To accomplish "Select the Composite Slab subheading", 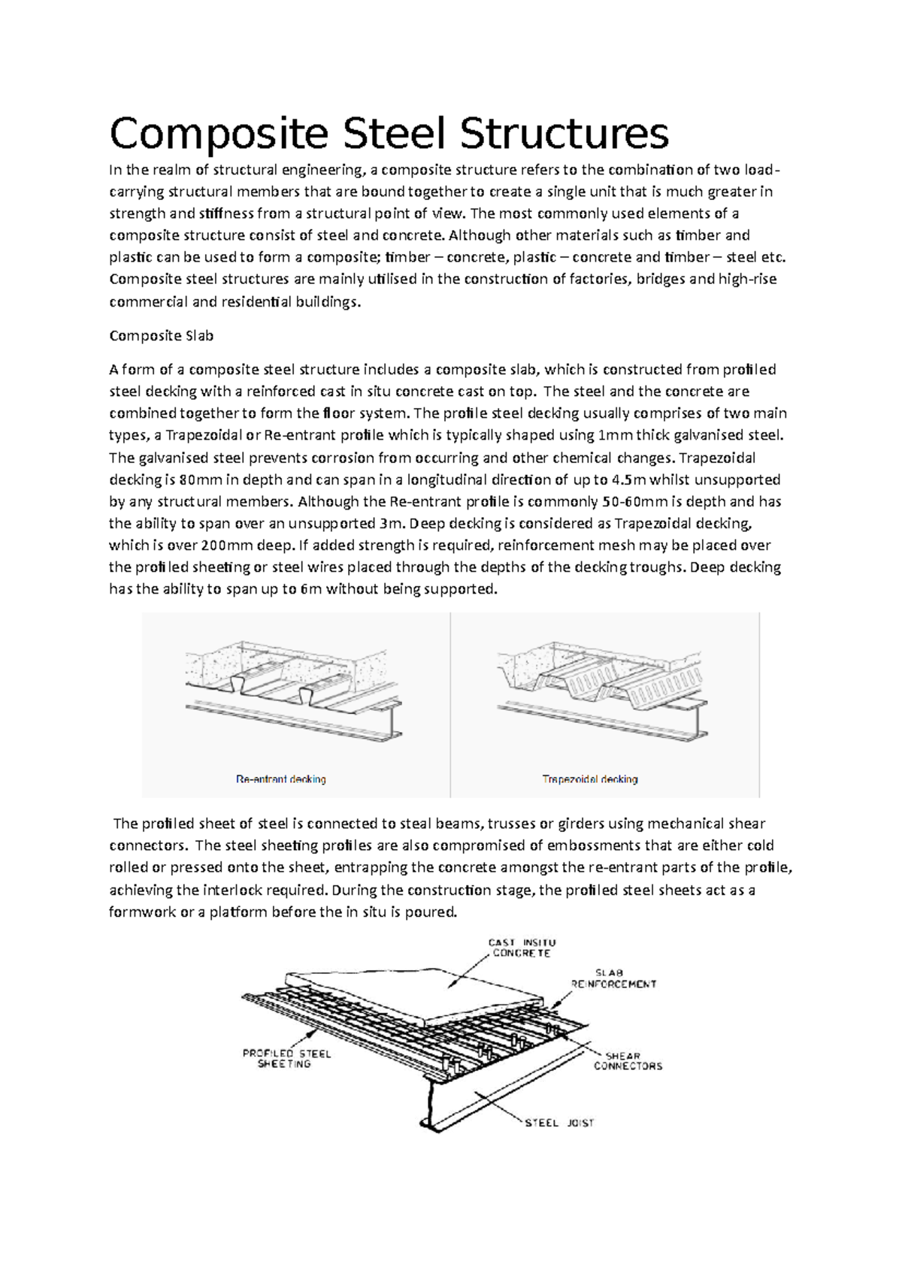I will point(162,336).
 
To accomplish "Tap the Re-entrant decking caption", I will point(281,779).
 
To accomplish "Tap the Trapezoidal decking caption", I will point(590,779).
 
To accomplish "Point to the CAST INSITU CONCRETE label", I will point(522,948).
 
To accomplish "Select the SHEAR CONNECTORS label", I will point(628,1060).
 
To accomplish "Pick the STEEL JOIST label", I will point(558,1123).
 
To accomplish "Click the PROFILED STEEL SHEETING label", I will point(286,1058).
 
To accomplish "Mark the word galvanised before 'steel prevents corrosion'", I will point(164,458).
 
